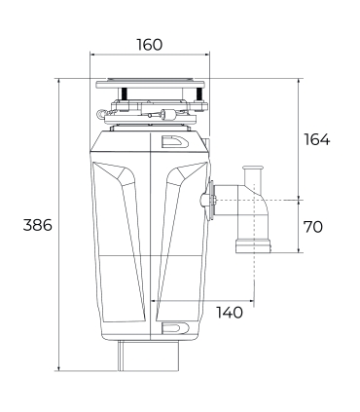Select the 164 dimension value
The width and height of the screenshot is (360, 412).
[x=316, y=139]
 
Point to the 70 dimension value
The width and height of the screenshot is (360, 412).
[x=312, y=227]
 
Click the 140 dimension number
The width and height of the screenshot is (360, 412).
[x=230, y=313]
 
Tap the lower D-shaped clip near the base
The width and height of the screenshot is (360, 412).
[x=171, y=326]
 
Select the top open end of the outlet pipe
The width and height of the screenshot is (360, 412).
[x=254, y=169]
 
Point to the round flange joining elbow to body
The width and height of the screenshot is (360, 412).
[x=208, y=202]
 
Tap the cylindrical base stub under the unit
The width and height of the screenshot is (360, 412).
[x=149, y=356]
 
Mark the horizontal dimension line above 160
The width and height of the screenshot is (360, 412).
[x=149, y=56]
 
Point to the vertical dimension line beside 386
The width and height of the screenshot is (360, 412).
[x=61, y=225]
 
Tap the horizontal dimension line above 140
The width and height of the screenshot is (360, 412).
[x=205, y=299]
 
